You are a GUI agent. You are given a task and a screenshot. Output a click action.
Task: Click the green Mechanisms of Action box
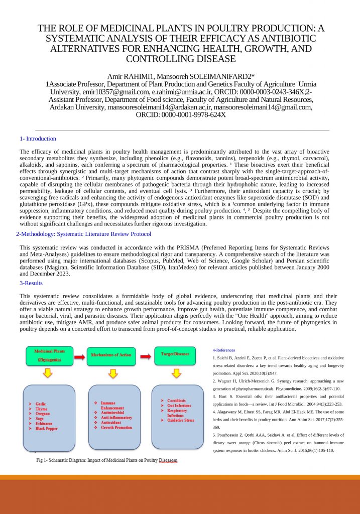click(111, 355)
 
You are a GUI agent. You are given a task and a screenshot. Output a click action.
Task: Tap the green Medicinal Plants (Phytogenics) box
click(49, 355)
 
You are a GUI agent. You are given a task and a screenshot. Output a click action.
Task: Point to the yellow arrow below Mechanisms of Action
click(113, 373)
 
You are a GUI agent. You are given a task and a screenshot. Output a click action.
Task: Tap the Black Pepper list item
click(46, 429)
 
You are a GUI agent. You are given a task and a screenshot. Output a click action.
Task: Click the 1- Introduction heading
click(38, 139)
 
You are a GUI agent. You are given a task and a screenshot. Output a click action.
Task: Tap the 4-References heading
click(223, 350)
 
